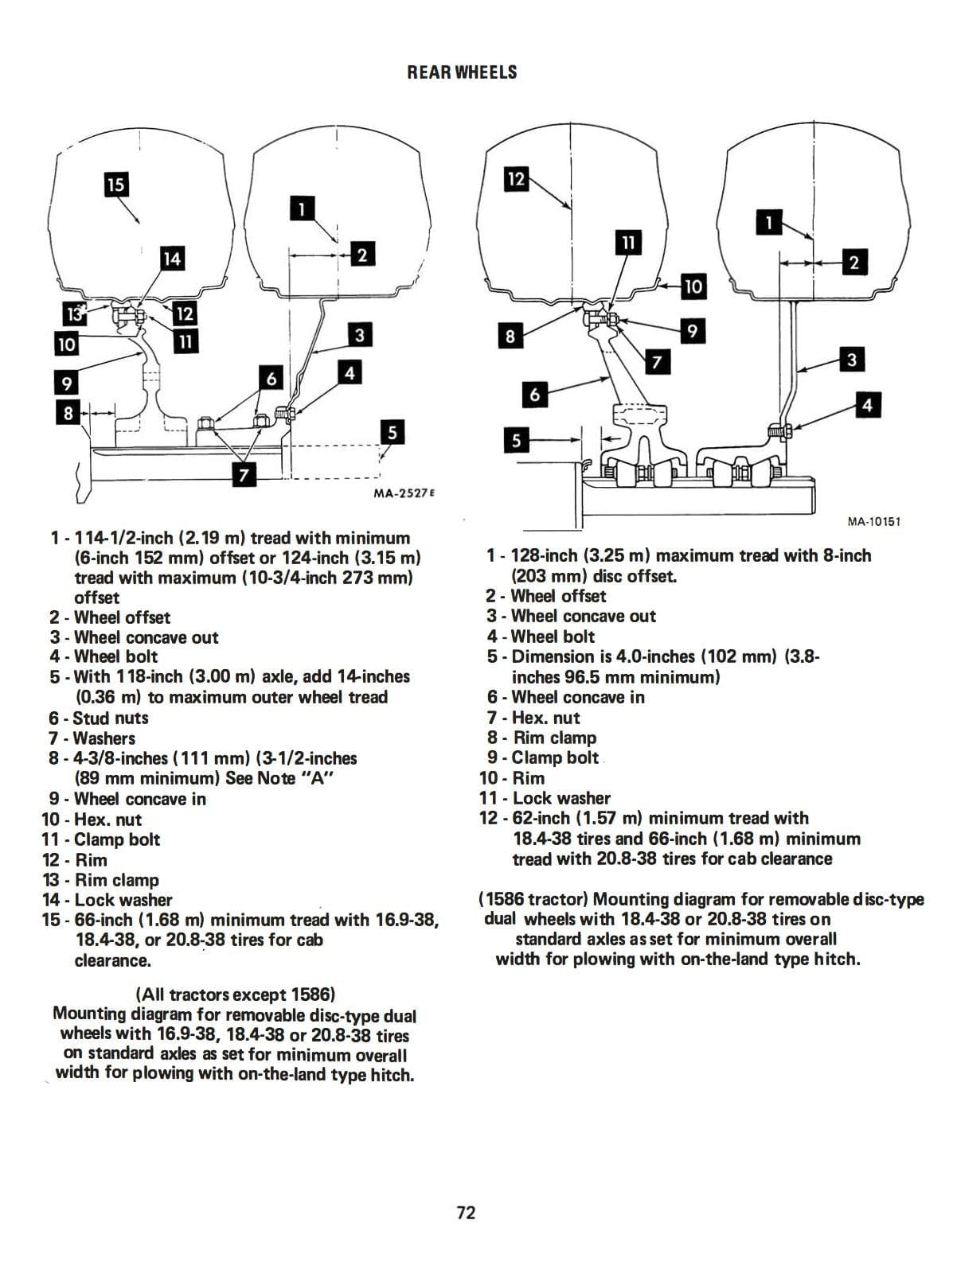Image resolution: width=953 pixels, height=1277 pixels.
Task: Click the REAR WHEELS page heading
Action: [462, 72]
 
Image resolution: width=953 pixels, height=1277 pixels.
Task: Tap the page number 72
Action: [466, 1212]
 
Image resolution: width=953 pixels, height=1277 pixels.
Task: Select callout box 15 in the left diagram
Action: [115, 185]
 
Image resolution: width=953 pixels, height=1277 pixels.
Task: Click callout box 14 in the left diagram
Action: [171, 259]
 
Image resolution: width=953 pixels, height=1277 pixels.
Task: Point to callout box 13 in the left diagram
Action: [74, 314]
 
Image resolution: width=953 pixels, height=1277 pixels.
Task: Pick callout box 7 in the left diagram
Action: [244, 475]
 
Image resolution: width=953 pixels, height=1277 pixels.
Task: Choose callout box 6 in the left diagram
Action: [271, 378]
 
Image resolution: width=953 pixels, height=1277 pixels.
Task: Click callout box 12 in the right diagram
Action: [516, 179]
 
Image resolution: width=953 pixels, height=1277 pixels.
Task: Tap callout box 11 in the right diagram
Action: [629, 242]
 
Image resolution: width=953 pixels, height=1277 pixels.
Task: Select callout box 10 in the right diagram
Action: [693, 286]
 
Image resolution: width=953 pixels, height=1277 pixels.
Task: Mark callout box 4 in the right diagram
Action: [867, 405]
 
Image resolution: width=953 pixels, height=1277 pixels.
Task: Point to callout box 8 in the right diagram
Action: [510, 337]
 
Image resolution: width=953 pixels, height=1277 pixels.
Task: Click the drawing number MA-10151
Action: [873, 522]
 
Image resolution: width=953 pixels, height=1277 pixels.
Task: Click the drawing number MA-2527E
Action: [404, 493]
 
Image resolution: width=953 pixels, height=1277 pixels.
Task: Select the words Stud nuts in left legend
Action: [111, 718]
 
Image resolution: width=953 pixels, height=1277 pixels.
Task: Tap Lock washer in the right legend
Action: [561, 798]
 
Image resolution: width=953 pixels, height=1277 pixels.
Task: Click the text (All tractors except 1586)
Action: [236, 995]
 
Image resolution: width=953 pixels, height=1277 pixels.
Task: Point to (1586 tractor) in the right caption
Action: [533, 899]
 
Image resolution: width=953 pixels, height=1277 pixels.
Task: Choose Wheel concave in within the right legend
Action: [578, 697]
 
